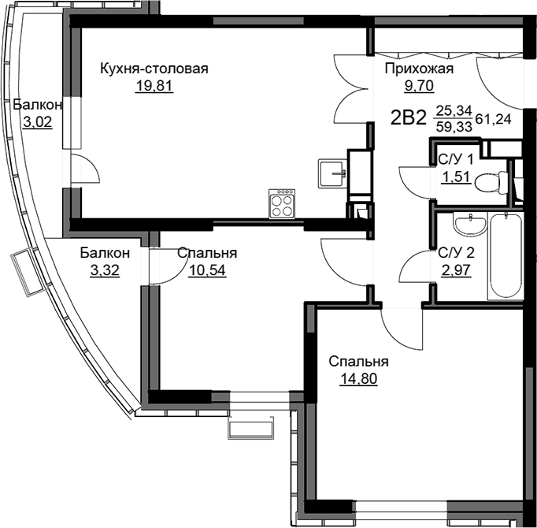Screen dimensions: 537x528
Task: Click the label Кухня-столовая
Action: coord(154,69)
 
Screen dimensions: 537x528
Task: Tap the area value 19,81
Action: coord(154,85)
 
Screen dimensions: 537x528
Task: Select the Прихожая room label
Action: coord(419,69)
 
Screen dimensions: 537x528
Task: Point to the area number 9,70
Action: coord(420,85)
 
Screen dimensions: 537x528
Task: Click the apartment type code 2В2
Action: coord(408,118)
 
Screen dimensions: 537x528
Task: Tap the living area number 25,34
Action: coord(454,111)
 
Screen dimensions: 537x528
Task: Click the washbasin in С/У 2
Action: coord(470,225)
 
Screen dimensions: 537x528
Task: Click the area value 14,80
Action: coord(358,379)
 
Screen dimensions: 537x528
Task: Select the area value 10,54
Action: coord(207,270)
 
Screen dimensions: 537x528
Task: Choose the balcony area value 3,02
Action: coord(38,121)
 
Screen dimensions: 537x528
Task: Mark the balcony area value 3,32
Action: coord(105,270)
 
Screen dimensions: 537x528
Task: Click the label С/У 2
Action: coord(457,254)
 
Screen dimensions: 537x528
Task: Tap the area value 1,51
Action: coord(456,177)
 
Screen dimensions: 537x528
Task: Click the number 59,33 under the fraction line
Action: coord(454,127)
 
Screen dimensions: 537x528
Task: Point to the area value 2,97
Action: coord(457,270)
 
